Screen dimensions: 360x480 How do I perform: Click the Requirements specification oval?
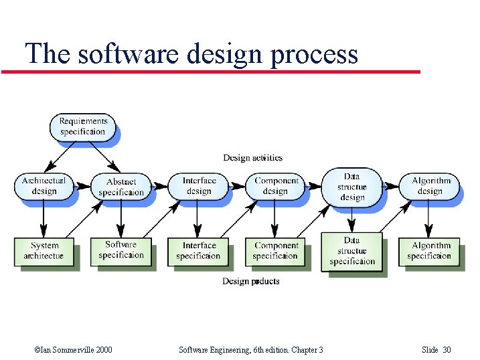point(83,126)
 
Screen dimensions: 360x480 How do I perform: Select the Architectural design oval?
point(44,186)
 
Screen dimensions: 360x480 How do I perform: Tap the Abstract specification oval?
point(121,187)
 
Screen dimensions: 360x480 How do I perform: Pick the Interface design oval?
point(199,185)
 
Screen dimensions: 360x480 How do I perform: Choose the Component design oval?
point(276,185)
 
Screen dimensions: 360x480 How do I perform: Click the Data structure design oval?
point(352,186)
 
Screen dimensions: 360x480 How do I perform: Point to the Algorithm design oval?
point(430,185)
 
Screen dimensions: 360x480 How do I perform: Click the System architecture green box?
point(44,251)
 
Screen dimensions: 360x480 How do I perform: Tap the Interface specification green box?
point(199,251)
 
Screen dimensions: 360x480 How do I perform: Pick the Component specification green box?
point(276,251)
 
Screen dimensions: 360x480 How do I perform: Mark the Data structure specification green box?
point(352,251)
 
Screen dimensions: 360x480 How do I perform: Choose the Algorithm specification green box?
point(430,251)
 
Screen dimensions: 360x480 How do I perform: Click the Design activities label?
point(252,158)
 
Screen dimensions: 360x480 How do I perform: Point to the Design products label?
point(251,281)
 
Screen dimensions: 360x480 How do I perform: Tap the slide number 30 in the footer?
point(447,350)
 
